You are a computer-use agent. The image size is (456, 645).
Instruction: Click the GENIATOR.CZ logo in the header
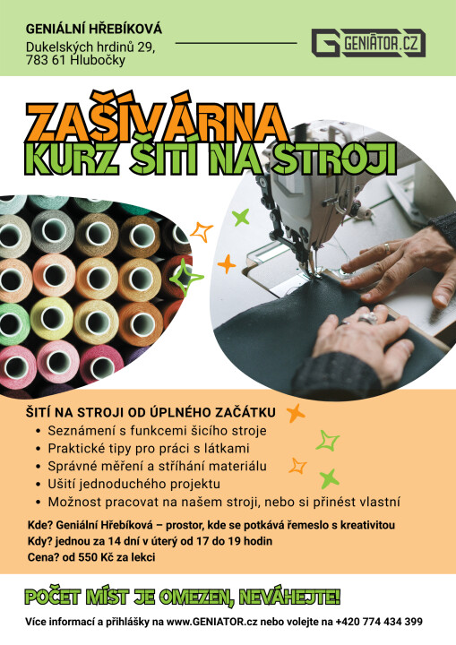click(x=368, y=43)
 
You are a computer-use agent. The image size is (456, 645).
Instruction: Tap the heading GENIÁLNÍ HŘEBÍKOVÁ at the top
click(x=94, y=30)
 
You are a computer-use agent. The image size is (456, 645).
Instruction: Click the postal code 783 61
click(x=46, y=61)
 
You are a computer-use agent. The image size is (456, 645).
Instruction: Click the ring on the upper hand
click(x=387, y=248)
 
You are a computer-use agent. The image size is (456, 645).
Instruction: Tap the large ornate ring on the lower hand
click(x=367, y=318)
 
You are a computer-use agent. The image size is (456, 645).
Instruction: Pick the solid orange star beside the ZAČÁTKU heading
click(x=296, y=413)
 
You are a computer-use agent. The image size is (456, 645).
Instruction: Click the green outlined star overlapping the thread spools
click(x=186, y=278)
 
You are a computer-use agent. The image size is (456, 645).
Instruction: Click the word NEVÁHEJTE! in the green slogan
click(x=289, y=597)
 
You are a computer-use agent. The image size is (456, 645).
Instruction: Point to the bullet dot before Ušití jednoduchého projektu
click(x=39, y=485)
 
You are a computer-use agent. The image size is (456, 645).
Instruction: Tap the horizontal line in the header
click(x=237, y=43)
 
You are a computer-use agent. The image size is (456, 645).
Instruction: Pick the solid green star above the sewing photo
click(x=241, y=218)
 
